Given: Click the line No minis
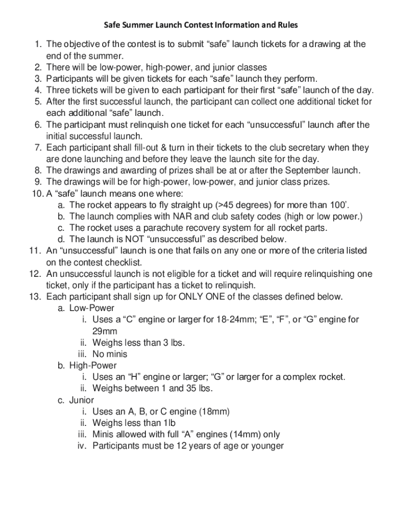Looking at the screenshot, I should coord(110,354).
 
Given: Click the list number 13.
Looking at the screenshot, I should coord(34,297).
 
